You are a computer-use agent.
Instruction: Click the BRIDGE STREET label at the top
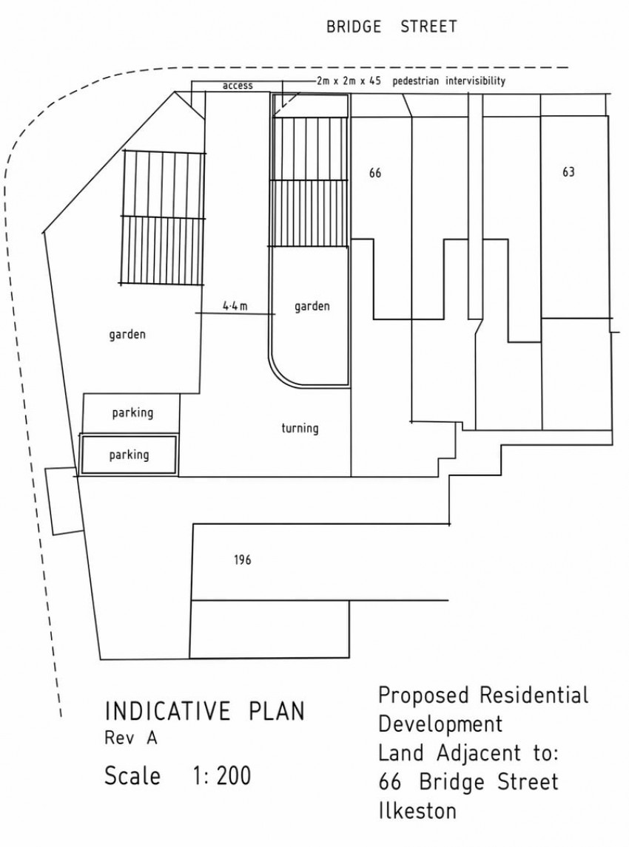coord(391,27)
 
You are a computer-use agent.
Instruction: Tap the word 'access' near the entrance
coord(238,85)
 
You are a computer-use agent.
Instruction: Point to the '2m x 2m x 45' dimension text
coord(349,81)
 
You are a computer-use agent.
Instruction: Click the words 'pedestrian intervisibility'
coord(449,81)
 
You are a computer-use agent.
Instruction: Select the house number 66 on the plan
coord(374,173)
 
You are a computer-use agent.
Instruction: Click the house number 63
coord(568,171)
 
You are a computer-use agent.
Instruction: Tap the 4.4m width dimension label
coord(235,306)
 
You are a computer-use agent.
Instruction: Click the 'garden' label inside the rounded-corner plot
coord(312,307)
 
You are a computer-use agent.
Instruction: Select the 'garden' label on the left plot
coord(127,335)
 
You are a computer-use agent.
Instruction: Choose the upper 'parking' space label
coord(132,413)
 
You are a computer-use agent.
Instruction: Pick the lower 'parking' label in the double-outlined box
coord(129,455)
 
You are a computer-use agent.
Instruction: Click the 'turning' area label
coord(300,429)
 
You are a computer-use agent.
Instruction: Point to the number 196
coord(242,559)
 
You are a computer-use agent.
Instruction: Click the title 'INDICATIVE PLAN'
coord(205,711)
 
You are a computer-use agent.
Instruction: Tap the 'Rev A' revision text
coord(131,738)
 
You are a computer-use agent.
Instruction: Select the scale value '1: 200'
coord(222,776)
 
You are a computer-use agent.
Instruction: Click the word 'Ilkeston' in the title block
coord(417,811)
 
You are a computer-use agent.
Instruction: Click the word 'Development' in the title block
coord(440,724)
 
